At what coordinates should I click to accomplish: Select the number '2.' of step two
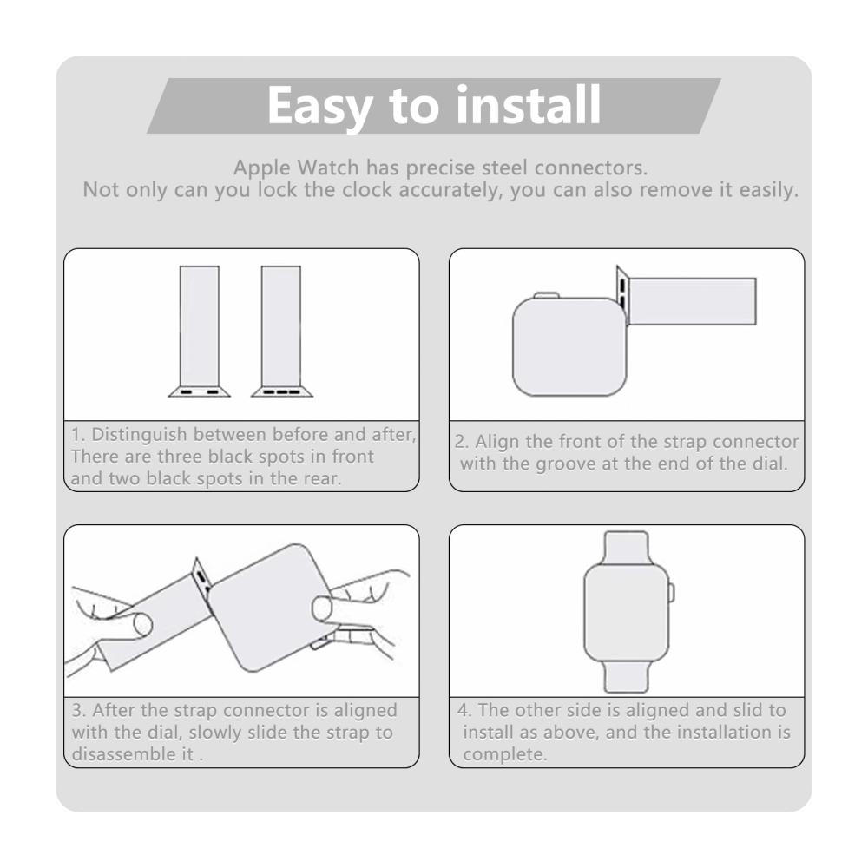click(463, 442)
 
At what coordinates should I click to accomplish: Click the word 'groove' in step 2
click(565, 464)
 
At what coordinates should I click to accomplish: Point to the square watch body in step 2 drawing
click(569, 347)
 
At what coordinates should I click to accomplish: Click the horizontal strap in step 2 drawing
click(692, 301)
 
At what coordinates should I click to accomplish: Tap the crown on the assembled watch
click(672, 592)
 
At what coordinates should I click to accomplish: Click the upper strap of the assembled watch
click(627, 548)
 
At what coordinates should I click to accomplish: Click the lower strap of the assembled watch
click(627, 676)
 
